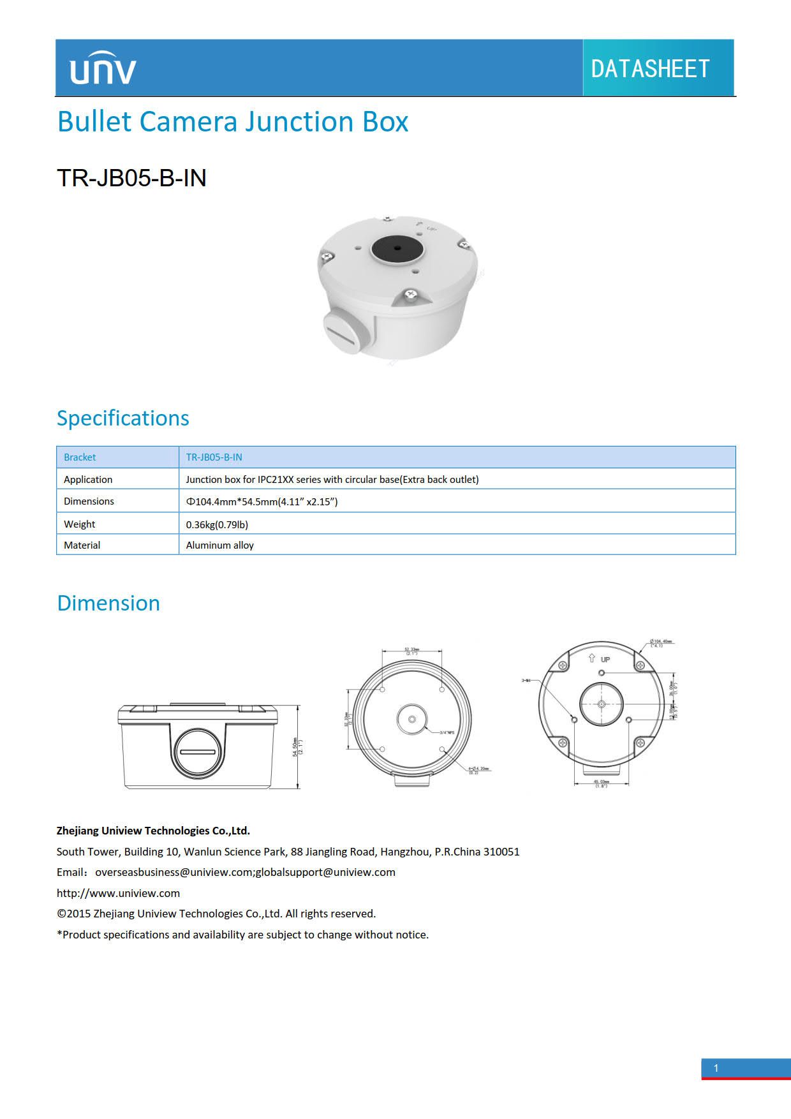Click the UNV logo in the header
pyautogui.click(x=103, y=68)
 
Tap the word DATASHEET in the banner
pyautogui.click(x=650, y=69)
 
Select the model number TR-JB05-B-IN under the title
pyautogui.click(x=131, y=178)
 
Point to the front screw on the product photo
pyautogui.click(x=411, y=295)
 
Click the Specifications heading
pyautogui.click(x=122, y=419)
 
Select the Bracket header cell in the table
pyautogui.click(x=80, y=457)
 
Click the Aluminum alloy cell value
pyautogui.click(x=219, y=545)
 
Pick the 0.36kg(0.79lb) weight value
pyautogui.click(x=217, y=524)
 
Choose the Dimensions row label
pyautogui.click(x=89, y=501)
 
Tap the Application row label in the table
pyautogui.click(x=88, y=480)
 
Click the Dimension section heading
pyautogui.click(x=108, y=604)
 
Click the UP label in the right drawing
pyautogui.click(x=605, y=660)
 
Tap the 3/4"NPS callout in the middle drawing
pyautogui.click(x=447, y=732)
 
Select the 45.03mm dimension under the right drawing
pyautogui.click(x=601, y=783)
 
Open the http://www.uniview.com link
pyautogui.click(x=118, y=893)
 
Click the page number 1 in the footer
pyautogui.click(x=716, y=1068)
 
